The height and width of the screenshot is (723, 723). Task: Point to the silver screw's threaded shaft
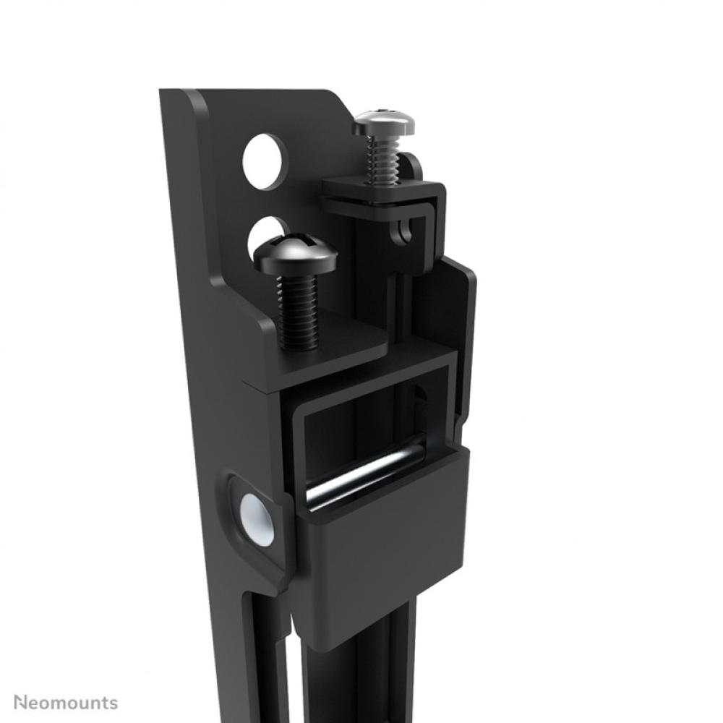(382, 160)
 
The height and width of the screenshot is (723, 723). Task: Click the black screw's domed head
(295, 254)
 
